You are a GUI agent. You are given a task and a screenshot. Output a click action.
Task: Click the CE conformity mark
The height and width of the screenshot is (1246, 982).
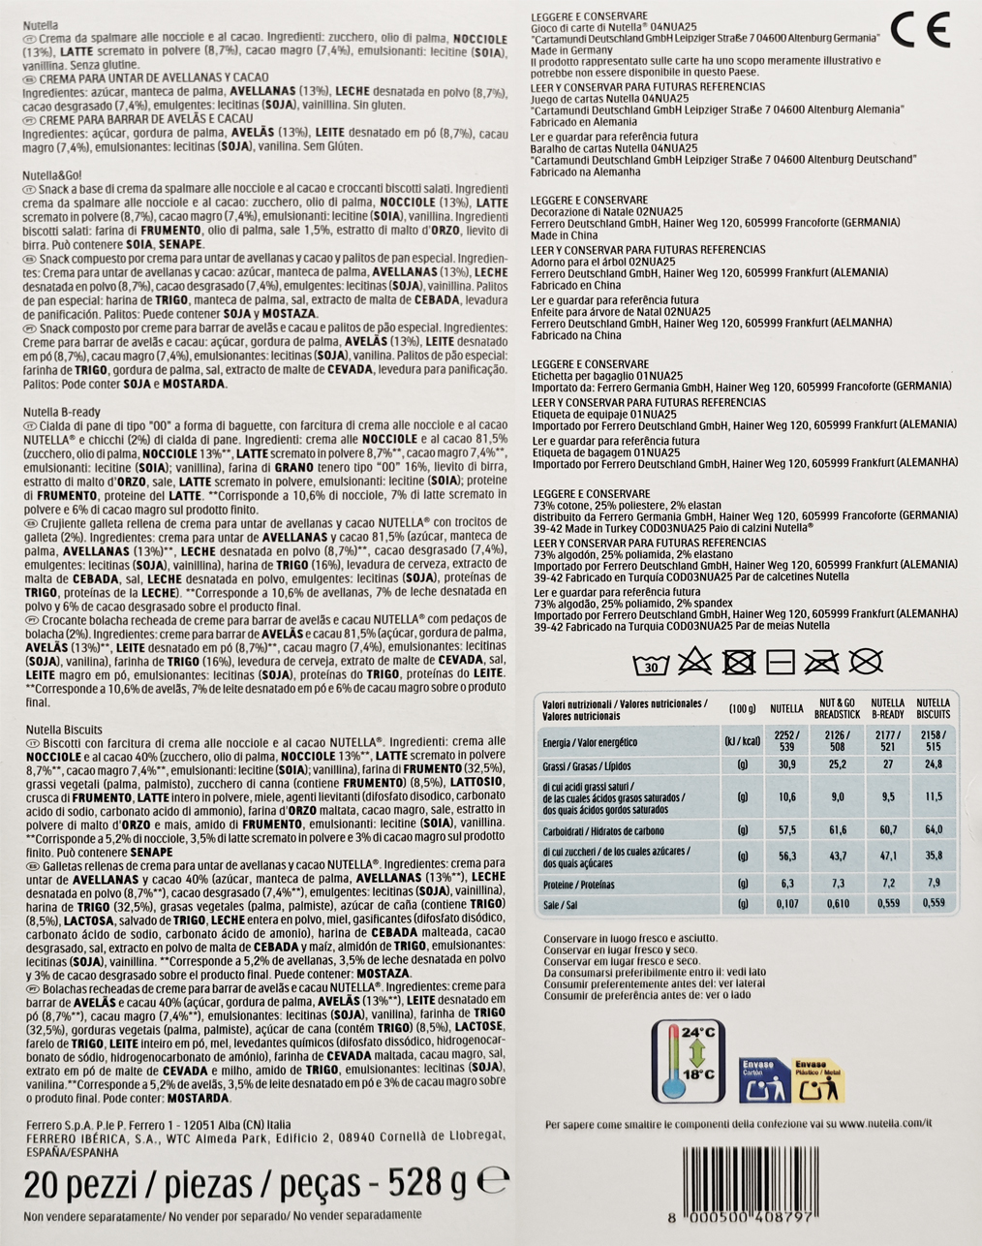click(x=920, y=30)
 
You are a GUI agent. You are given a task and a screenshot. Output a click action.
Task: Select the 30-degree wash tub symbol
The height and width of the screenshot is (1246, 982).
click(x=651, y=664)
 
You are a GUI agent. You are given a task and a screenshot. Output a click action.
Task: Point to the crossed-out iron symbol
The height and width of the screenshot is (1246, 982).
click(x=822, y=663)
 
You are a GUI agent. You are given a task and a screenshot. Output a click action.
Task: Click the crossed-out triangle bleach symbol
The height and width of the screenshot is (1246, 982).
click(x=694, y=663)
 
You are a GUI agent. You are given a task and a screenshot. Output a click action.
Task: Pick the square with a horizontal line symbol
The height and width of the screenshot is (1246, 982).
click(x=780, y=663)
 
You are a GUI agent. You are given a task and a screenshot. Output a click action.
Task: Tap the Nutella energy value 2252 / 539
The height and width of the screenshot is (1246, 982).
click(x=786, y=741)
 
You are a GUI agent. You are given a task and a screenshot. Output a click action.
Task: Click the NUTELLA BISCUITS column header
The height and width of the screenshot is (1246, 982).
click(x=933, y=708)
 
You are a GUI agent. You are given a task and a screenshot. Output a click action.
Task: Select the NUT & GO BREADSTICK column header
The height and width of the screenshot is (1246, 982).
click(x=837, y=708)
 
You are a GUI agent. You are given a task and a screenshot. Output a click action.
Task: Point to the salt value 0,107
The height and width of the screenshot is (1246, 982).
click(x=786, y=904)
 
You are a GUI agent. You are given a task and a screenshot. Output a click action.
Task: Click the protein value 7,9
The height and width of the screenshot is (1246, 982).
click(x=933, y=884)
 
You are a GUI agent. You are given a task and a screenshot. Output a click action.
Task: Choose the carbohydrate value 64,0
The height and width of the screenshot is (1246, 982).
click(x=933, y=830)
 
